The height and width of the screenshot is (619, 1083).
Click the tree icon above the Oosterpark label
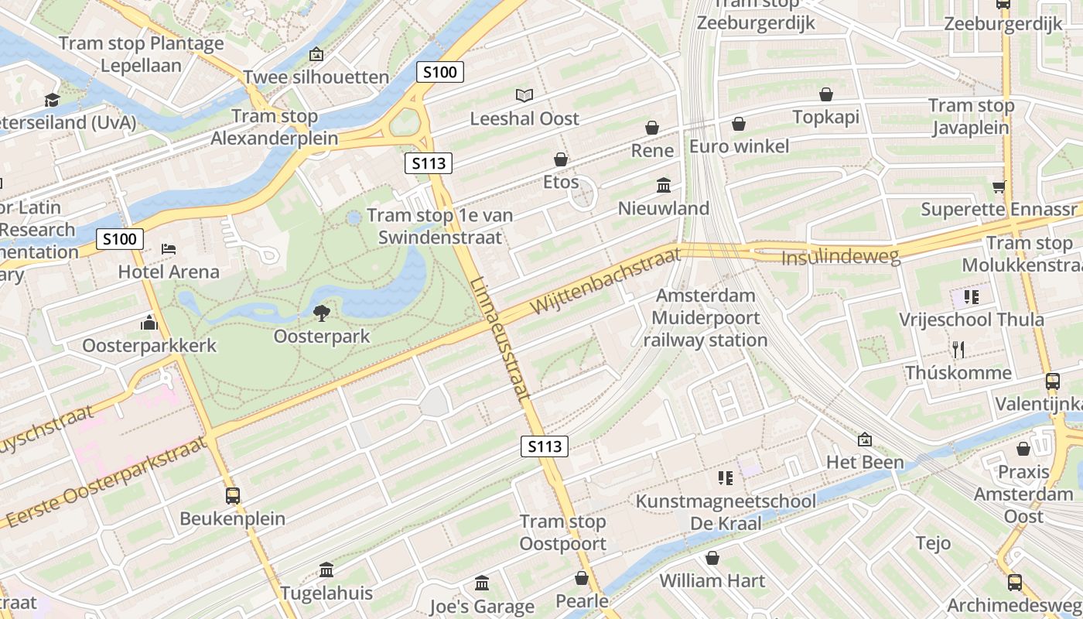(321, 313)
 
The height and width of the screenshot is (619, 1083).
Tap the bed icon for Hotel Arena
(169, 249)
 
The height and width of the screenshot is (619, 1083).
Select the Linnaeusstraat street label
(501, 338)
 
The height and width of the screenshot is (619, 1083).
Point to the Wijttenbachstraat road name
(605, 280)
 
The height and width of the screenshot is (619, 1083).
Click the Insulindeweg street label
(841, 256)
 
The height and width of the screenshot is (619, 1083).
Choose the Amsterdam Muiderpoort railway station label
(705, 318)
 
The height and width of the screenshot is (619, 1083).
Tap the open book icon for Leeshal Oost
(524, 95)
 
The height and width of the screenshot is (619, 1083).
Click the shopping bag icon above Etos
(561, 159)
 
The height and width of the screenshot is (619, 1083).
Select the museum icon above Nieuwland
(664, 185)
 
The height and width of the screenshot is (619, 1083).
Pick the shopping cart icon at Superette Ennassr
(999, 186)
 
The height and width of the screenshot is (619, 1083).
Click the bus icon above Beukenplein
(232, 495)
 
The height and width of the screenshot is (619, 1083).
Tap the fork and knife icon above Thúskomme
(958, 350)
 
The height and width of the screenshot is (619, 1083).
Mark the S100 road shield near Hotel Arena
(120, 238)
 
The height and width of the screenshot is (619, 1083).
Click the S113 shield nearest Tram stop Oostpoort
(545, 446)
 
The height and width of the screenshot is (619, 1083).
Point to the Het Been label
(865, 462)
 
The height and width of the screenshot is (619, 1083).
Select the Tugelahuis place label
(326, 593)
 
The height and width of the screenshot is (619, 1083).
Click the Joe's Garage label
(482, 606)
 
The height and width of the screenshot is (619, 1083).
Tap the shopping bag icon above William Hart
(712, 557)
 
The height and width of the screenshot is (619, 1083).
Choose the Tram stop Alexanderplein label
(275, 127)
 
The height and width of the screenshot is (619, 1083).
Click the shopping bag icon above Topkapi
(826, 94)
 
